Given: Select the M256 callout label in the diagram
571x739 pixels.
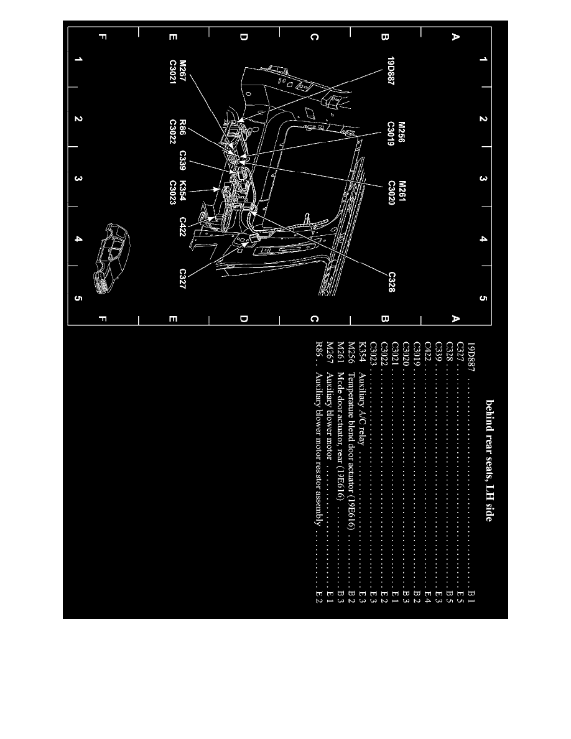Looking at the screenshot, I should [402, 132].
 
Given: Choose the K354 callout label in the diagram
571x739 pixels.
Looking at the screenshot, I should [183, 190].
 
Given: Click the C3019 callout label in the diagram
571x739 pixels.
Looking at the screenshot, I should [392, 134].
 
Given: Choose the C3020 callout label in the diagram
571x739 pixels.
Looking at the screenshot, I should [392, 192].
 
